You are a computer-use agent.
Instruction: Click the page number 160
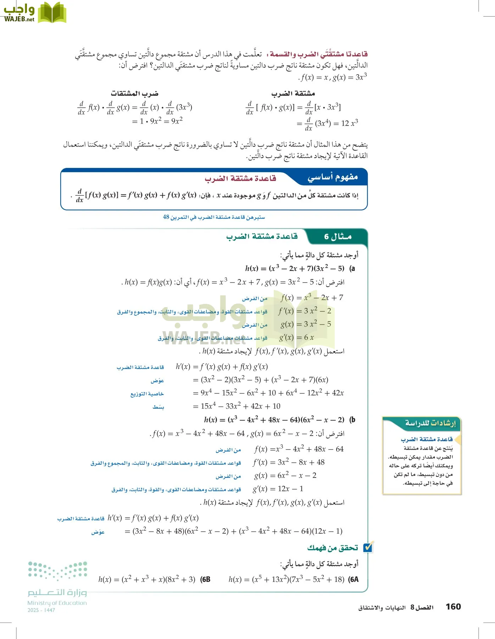click(x=453, y=606)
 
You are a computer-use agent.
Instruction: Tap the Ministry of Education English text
click(x=57, y=603)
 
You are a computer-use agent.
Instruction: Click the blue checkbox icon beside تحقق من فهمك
click(x=368, y=548)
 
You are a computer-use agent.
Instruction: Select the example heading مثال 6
click(x=338, y=237)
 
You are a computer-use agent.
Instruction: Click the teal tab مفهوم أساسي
click(x=333, y=177)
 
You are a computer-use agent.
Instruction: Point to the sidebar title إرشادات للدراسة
click(x=430, y=423)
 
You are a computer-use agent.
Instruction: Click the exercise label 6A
click(x=353, y=579)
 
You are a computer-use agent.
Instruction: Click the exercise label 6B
click(x=205, y=579)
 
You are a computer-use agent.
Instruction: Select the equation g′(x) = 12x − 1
click(x=278, y=489)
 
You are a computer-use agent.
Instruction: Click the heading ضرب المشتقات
click(x=134, y=93)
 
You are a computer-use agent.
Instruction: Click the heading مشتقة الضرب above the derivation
click(x=293, y=93)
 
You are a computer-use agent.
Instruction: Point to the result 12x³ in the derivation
click(x=350, y=123)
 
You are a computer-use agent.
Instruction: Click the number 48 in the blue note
click(x=166, y=217)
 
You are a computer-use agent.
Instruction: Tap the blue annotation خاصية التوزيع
click(x=147, y=394)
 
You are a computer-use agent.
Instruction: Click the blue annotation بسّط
click(x=158, y=407)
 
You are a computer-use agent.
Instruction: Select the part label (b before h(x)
click(x=352, y=420)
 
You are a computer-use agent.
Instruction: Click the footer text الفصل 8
click(x=422, y=607)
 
